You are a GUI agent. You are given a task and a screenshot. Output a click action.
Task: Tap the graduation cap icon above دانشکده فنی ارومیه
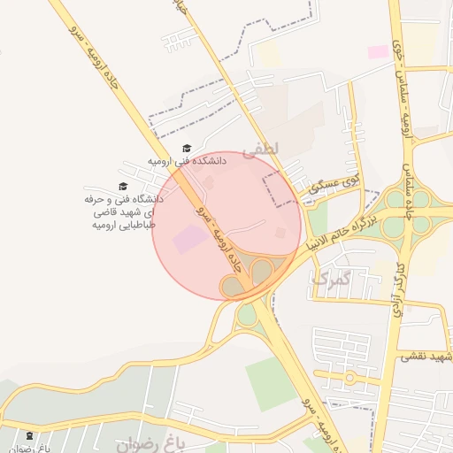coord(186,149)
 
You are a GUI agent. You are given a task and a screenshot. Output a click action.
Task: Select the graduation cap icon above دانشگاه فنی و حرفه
coord(123,186)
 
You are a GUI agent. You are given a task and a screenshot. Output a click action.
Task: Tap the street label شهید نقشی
coord(426,357)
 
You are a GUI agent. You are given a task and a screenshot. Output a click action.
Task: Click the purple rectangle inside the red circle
coord(189,240)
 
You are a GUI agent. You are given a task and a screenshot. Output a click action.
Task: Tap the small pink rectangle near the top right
coord(378,52)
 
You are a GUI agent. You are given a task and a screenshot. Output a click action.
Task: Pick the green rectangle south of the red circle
coord(271,382)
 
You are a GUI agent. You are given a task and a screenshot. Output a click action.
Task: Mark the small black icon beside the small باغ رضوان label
coord(31,435)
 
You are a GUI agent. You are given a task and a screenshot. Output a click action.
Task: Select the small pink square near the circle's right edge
coord(280,233)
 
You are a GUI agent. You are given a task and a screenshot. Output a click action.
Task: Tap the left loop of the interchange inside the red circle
coord(233,286)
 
